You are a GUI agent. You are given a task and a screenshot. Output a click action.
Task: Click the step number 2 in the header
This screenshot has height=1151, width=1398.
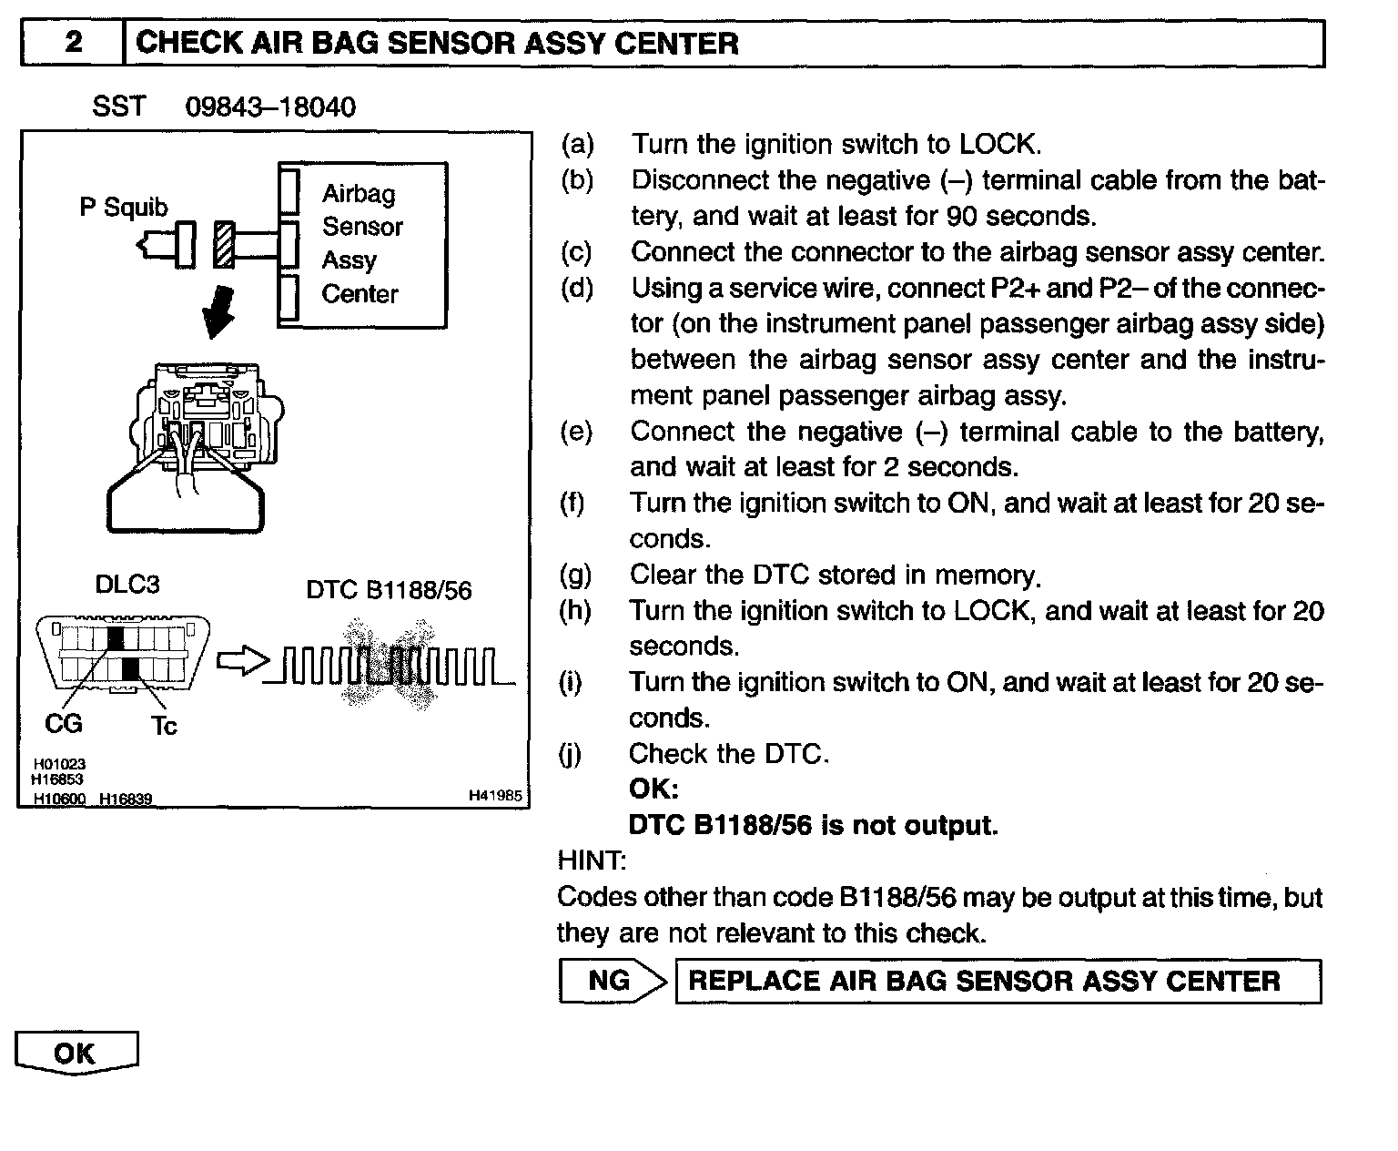[74, 44]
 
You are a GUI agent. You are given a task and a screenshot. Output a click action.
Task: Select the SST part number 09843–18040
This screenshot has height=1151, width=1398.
[270, 107]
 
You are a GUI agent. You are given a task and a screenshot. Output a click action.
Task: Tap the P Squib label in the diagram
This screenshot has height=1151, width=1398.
[124, 208]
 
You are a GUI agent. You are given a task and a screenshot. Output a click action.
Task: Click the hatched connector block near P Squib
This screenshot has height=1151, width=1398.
[224, 244]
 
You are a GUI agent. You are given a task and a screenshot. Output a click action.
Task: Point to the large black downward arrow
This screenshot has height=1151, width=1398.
[218, 311]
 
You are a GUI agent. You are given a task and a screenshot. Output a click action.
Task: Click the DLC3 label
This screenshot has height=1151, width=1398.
[127, 585]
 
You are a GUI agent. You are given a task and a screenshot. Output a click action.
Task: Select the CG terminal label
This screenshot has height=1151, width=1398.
[63, 723]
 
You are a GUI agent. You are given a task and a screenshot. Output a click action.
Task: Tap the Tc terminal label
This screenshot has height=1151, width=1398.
[164, 726]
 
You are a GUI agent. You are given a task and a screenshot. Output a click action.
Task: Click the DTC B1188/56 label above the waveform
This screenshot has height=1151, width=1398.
[389, 591]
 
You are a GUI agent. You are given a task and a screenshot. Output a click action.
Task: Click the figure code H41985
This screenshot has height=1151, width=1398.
[495, 796]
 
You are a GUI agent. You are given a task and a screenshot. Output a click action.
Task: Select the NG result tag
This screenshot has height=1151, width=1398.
[609, 980]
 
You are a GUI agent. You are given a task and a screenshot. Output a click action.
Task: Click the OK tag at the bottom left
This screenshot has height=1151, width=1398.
[75, 1053]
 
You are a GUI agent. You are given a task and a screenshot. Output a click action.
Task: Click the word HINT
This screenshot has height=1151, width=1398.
[591, 860]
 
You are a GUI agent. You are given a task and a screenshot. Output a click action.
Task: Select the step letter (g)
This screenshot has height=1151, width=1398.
[575, 575]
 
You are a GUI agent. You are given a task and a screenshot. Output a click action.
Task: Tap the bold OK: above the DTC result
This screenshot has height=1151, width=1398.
[653, 789]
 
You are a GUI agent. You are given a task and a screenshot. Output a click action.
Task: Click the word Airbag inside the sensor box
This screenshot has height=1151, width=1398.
[359, 193]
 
